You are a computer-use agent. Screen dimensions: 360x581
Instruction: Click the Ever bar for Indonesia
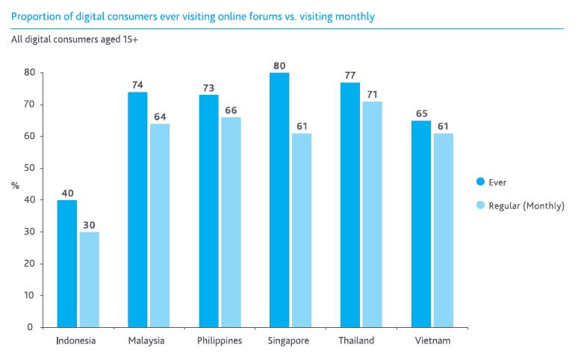click(x=66, y=263)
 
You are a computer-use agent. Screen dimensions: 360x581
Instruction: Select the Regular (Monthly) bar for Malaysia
click(x=160, y=225)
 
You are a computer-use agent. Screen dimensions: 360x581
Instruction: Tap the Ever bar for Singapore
click(x=279, y=199)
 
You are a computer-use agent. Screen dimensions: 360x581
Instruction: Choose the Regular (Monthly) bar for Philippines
click(x=231, y=222)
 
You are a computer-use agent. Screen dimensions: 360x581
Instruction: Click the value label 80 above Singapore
click(x=280, y=65)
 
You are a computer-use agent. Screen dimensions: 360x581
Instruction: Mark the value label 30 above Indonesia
click(x=90, y=225)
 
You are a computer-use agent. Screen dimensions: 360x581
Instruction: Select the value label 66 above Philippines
click(x=231, y=110)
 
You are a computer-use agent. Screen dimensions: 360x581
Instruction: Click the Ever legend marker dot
click(x=481, y=181)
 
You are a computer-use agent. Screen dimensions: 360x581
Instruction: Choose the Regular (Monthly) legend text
click(x=526, y=205)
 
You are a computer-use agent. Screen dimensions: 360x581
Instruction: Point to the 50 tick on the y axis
click(x=29, y=168)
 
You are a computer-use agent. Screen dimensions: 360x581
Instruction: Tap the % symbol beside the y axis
click(x=15, y=184)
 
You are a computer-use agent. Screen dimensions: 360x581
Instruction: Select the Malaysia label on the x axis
click(x=146, y=341)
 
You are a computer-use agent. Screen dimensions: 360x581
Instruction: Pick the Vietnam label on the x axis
click(x=433, y=341)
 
